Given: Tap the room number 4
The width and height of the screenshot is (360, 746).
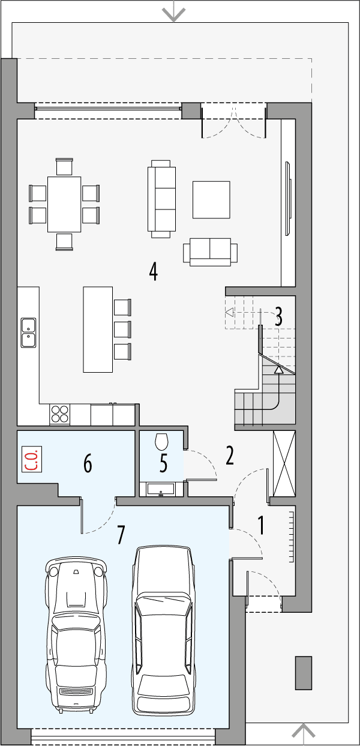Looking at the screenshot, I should [154, 271].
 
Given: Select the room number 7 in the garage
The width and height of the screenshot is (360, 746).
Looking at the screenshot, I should [121, 534].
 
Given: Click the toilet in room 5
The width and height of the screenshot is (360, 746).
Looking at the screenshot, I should [161, 442].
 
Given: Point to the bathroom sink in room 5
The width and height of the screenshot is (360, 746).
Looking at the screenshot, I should [161, 490].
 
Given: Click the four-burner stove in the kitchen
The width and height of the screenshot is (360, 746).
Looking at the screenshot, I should [59, 415].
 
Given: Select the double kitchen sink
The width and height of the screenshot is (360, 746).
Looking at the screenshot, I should [28, 333].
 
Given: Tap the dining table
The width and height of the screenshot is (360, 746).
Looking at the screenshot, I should [64, 204].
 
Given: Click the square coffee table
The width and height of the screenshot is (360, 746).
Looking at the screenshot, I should [211, 199].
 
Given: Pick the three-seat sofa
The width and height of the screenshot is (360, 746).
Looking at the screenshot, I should [163, 199].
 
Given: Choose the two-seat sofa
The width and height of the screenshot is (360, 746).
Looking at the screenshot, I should [210, 251].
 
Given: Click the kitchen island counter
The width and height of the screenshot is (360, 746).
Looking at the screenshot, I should [98, 329].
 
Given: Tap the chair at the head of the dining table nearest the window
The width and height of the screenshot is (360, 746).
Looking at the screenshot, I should [64, 166].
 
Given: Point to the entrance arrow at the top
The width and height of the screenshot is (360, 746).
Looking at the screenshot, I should [174, 13].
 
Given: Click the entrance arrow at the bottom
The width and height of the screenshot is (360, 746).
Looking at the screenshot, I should [304, 732].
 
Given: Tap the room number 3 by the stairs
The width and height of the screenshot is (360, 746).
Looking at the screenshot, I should [278, 317].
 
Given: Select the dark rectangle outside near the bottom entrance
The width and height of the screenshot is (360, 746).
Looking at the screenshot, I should [304, 672].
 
